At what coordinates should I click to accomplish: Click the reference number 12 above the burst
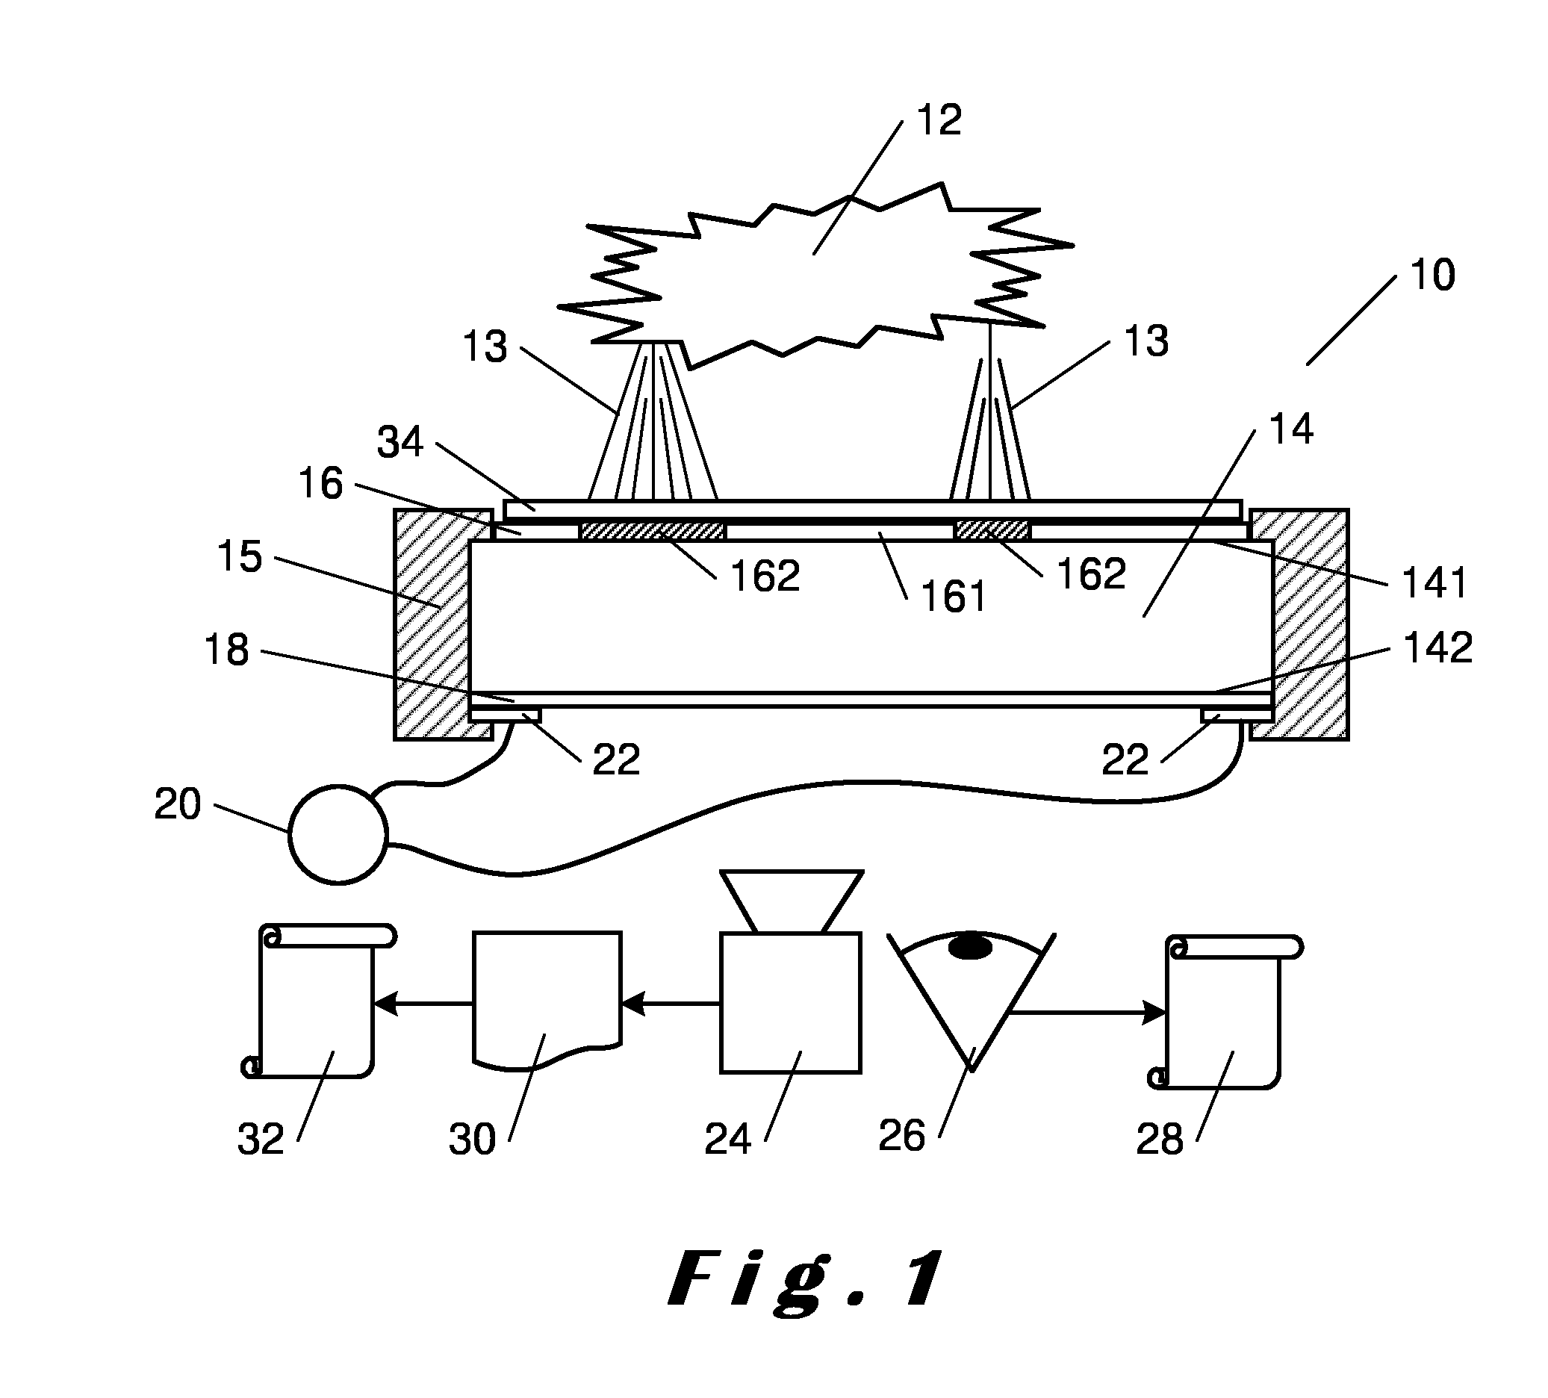point(939,119)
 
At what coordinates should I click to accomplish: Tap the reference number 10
point(1432,275)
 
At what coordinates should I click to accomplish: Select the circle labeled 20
point(338,834)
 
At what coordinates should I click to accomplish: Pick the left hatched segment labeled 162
point(652,530)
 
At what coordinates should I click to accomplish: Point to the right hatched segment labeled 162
point(990,530)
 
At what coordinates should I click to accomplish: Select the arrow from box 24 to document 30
point(671,1003)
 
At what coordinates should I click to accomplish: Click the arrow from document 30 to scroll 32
point(423,1003)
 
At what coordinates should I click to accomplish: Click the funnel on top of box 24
point(791,901)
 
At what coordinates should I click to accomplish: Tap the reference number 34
point(400,442)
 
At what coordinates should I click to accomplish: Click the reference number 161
point(953,597)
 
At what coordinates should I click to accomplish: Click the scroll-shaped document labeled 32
point(317,1001)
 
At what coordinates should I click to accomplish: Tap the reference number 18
point(226,650)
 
